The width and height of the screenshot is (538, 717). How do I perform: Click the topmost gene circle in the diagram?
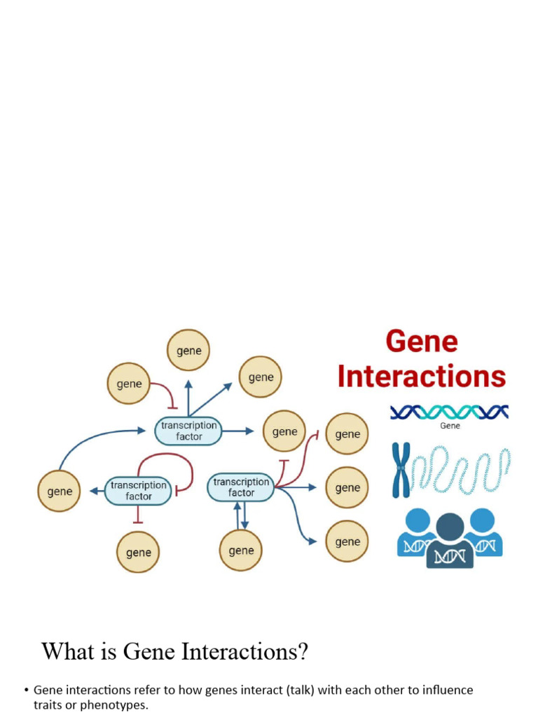(188, 351)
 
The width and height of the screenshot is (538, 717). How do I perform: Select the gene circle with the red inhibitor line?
(128, 384)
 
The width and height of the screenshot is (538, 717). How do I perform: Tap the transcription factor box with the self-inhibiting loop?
(139, 490)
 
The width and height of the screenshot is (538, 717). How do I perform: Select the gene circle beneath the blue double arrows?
(241, 550)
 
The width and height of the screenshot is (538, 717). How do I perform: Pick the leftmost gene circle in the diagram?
(59, 491)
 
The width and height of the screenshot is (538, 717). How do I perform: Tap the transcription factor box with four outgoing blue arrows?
(188, 431)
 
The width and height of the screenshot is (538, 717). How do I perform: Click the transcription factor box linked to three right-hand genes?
(241, 487)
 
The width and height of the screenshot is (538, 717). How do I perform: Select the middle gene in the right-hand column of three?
(347, 488)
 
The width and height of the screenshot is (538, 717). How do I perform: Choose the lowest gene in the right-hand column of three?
(347, 542)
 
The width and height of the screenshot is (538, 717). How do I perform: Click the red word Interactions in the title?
(421, 377)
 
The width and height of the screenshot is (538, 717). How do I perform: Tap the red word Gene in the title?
(421, 342)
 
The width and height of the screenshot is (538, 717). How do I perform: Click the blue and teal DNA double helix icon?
(449, 412)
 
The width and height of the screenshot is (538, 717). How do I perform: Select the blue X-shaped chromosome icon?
(401, 470)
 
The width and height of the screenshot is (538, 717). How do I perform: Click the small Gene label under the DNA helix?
(450, 426)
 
